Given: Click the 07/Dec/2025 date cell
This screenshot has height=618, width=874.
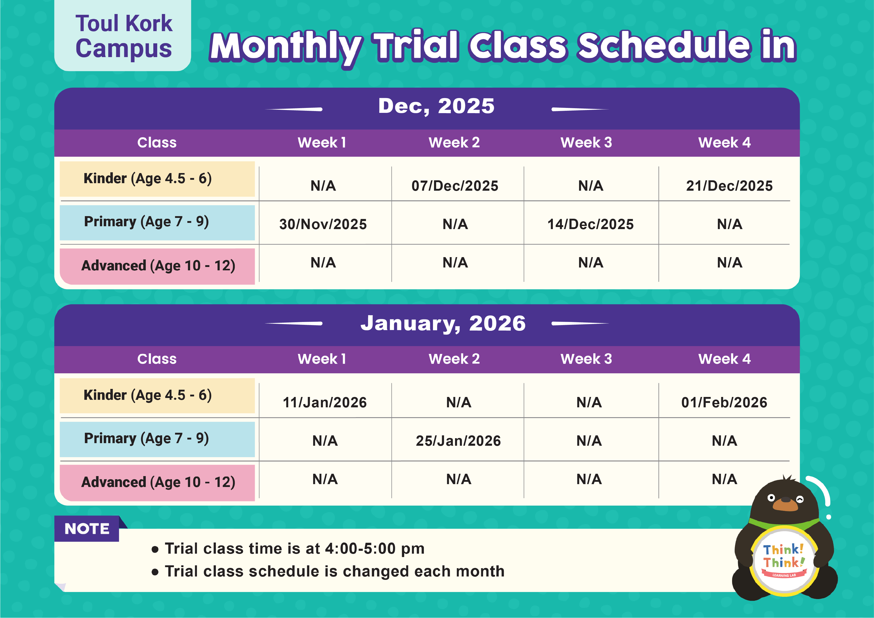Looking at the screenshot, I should (x=455, y=186).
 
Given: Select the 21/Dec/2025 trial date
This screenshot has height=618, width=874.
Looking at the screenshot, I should (x=729, y=186).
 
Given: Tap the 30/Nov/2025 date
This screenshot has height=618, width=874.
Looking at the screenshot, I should (x=323, y=224).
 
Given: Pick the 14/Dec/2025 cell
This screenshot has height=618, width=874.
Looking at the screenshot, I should (x=590, y=224).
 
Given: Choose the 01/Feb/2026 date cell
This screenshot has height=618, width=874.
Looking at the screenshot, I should (x=724, y=402).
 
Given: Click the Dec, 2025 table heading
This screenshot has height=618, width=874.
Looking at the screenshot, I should (x=436, y=106).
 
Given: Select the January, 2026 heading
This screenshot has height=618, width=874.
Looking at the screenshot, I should (x=443, y=323).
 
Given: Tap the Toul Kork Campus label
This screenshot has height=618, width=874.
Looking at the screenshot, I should (x=124, y=36).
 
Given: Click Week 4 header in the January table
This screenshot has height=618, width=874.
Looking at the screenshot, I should (x=724, y=359).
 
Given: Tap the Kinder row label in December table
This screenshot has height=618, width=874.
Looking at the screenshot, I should (x=148, y=178).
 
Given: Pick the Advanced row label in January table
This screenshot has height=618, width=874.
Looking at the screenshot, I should (x=158, y=482).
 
